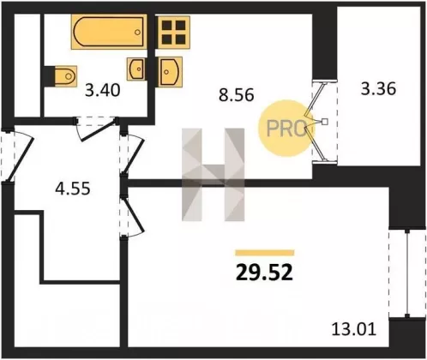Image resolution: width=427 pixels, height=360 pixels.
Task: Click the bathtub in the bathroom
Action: pos(109,32)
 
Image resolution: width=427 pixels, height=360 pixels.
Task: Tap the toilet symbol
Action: pos(65,76)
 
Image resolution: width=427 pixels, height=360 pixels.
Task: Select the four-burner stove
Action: pos(173,32)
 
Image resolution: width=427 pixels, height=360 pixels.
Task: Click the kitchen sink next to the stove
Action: pos(170,72)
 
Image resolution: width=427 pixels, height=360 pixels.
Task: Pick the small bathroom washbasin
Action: pos(136,69)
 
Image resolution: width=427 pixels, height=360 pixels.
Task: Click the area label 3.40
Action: pos(103,91)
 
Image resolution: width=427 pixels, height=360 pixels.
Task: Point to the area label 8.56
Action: pos(237,95)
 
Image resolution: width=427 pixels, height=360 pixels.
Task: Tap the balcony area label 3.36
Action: pos(378,89)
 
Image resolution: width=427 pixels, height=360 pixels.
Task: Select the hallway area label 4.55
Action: pos(73,189)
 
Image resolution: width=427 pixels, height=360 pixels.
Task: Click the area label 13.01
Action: pos(353,329)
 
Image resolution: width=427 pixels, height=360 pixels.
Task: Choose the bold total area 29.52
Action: pos(264,272)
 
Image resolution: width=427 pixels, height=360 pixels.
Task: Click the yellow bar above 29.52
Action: pos(265,253)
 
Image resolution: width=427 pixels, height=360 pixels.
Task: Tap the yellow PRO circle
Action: pos(286,129)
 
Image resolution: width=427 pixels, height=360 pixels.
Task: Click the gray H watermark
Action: pos(213,175)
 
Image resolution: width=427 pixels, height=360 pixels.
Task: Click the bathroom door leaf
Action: pos(99,130)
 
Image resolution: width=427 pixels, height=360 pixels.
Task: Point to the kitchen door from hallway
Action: pos(133,154)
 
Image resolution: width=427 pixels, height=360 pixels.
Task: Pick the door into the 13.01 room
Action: pos(132,215)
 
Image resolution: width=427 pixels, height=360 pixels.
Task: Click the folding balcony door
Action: pos(316,122)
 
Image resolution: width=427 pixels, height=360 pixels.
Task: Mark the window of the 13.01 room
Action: pos(407,273)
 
